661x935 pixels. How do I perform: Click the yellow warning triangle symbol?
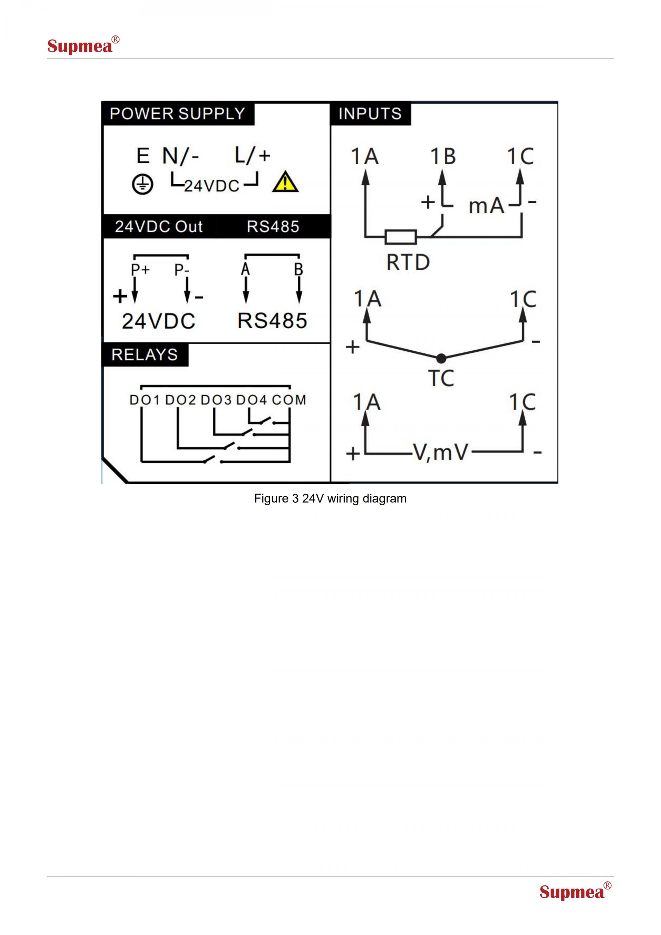[285, 183]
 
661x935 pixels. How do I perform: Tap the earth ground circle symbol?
[143, 185]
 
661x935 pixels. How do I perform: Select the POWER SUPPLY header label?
[177, 114]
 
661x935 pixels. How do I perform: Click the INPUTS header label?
[370, 114]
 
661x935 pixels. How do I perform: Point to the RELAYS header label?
[145, 355]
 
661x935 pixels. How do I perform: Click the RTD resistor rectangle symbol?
[401, 237]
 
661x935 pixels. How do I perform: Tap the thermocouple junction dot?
[441, 359]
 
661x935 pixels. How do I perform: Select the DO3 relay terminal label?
[216, 400]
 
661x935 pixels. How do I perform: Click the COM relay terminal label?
[289, 400]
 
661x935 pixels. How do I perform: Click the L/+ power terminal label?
[252, 155]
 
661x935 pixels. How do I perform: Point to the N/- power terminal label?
[180, 156]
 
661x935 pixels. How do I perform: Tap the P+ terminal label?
[140, 270]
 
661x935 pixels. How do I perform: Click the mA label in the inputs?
[486, 206]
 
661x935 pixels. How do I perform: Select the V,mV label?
[441, 453]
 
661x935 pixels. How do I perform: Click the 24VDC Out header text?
[159, 226]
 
